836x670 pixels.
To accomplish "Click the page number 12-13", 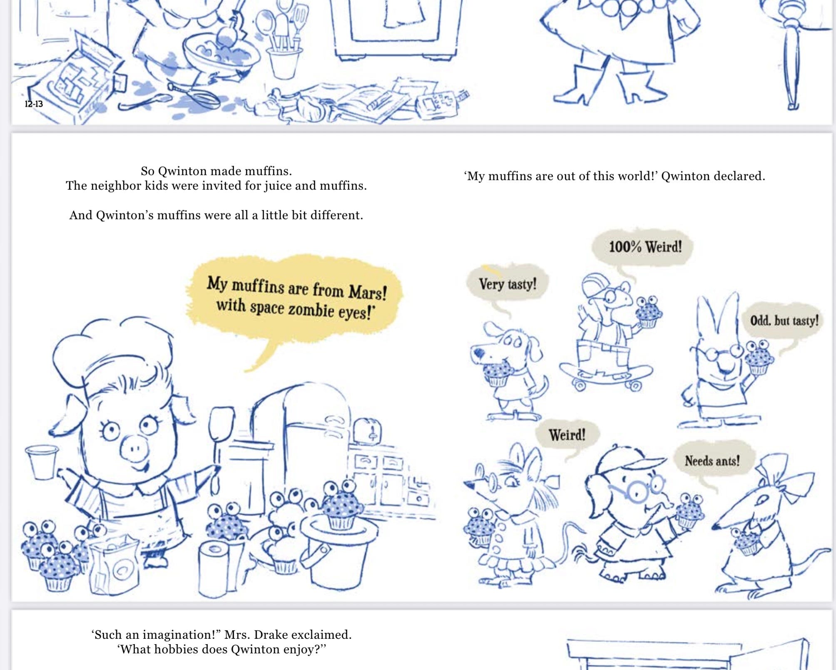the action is pyautogui.click(x=34, y=104).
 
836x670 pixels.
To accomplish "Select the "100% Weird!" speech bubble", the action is pyautogui.click(x=643, y=248).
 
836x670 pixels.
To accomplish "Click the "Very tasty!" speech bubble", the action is pyautogui.click(x=507, y=283).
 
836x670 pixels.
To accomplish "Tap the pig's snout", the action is pyautogui.click(x=134, y=449).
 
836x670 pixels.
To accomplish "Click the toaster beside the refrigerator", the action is pyautogui.click(x=367, y=431).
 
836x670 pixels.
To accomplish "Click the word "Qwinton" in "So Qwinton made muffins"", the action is pyautogui.click(x=183, y=171).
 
